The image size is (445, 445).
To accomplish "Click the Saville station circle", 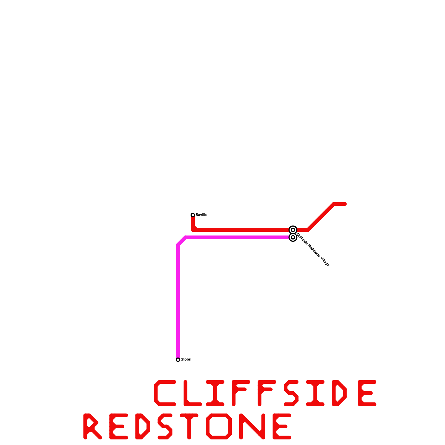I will pyautogui.click(x=193, y=215).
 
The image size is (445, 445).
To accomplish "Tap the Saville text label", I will pyautogui.click(x=201, y=215).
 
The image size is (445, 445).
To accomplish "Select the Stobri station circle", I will pyautogui.click(x=178, y=360).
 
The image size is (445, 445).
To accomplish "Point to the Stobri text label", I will pyautogui.click(x=186, y=360).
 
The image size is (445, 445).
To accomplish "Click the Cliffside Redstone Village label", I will pyautogui.click(x=313, y=250).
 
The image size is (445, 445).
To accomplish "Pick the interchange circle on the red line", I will pyautogui.click(x=293, y=230).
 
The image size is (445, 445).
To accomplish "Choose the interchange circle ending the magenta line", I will pyautogui.click(x=293, y=238).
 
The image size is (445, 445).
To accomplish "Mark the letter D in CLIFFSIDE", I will pyautogui.click(x=339, y=393).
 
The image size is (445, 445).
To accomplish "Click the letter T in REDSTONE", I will pyautogui.click(x=189, y=426).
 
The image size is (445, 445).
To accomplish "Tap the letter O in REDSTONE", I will pyautogui.click(x=219, y=426).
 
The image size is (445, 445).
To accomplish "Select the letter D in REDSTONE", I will pyautogui.click(x=143, y=426).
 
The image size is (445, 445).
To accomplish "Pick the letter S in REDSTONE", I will pyautogui.click(x=165, y=426).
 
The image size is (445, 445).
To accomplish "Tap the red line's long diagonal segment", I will pyautogui.click(x=321, y=217).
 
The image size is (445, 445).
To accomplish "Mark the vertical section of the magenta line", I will pyautogui.click(x=178, y=300).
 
